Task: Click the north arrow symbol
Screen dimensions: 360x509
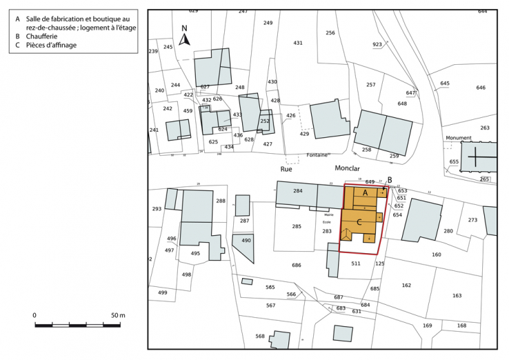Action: pos(184,37)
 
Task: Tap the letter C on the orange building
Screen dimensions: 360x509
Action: pos(360,222)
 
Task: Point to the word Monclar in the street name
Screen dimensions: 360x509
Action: pos(348,168)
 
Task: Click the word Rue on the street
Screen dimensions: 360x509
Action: pos(286,168)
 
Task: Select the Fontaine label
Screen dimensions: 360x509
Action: pos(317,155)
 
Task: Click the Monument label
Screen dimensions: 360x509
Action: pos(458,137)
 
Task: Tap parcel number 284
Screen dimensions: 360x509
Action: pos(298,190)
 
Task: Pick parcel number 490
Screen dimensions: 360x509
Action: pos(246,240)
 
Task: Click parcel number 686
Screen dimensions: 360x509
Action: pos(296,265)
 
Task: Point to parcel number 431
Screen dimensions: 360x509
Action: pos(298,43)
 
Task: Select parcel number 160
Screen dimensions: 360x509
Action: pos(437,254)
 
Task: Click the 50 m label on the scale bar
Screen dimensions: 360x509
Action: pos(118,315)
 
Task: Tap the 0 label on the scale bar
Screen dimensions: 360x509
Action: pos(34,315)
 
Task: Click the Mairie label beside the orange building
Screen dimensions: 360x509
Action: pos(328,214)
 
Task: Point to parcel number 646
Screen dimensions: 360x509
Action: pos(481,88)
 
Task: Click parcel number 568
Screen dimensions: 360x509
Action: pos(259,337)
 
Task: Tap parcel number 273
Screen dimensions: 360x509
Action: pos(472,220)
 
